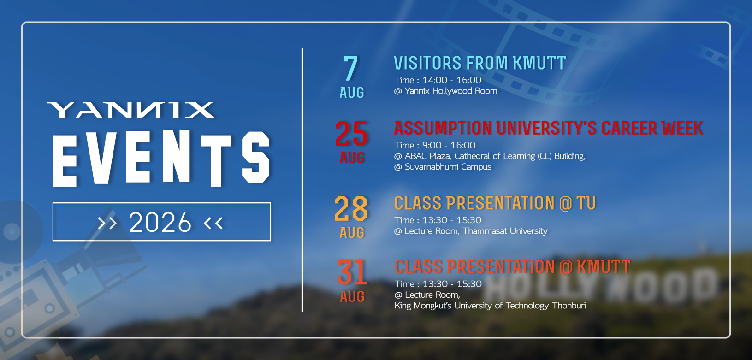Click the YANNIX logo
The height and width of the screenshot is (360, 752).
(x=130, y=110)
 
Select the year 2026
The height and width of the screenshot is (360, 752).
(x=160, y=222)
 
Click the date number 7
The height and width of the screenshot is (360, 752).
(x=351, y=68)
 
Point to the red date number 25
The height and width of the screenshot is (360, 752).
(x=351, y=134)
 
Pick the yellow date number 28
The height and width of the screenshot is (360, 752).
(x=351, y=208)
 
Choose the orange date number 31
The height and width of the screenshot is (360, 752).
(x=352, y=272)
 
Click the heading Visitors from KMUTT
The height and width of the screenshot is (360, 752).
(x=480, y=63)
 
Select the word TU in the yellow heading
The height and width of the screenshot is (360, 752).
(x=586, y=203)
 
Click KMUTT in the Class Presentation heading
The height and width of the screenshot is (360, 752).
(x=604, y=267)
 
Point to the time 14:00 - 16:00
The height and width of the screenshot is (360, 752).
(x=451, y=80)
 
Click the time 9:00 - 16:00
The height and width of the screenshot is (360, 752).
(x=449, y=145)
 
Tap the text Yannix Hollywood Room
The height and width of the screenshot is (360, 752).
(x=451, y=91)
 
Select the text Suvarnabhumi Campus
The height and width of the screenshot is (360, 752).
(x=448, y=167)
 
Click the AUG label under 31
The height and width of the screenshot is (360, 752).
(x=352, y=296)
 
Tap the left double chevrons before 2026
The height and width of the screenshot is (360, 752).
(x=107, y=223)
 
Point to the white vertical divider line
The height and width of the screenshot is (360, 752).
(x=302, y=180)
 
